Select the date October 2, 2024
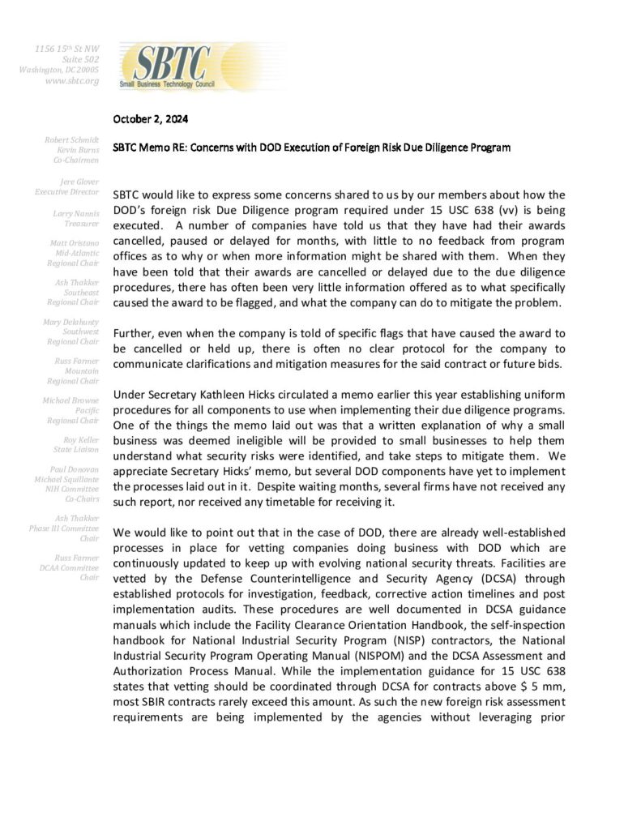coord(151,119)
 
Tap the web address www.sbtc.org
coord(72,81)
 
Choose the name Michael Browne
coord(71,400)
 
